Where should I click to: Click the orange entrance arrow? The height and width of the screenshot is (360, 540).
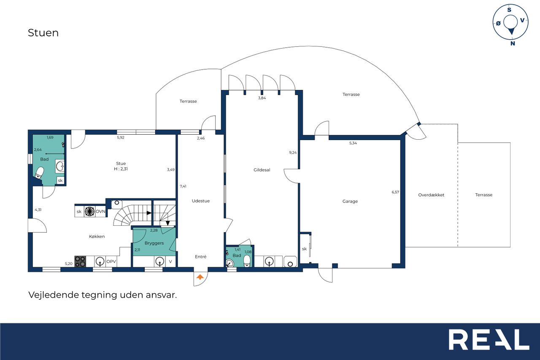click(200, 277)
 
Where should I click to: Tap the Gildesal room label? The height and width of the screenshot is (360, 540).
click(262, 170)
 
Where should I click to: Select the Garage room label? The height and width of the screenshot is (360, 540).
click(350, 201)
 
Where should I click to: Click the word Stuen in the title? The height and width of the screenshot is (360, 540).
click(43, 33)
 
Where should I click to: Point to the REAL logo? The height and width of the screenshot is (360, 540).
click(489, 339)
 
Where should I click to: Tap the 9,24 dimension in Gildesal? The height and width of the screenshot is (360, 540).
click(293, 152)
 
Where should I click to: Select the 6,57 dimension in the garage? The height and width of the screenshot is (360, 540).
click(395, 192)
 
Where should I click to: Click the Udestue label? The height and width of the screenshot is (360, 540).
click(200, 201)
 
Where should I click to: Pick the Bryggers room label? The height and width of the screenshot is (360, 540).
click(154, 243)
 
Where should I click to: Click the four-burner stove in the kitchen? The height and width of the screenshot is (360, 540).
click(80, 261)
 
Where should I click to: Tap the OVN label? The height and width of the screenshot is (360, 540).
click(100, 211)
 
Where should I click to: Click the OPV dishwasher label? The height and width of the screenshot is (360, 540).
click(111, 261)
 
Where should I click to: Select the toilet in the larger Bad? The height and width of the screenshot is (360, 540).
click(39, 173)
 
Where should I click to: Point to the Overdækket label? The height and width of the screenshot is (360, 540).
click(431, 195)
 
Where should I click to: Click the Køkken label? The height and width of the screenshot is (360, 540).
click(97, 236)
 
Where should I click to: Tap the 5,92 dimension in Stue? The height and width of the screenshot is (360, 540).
click(121, 138)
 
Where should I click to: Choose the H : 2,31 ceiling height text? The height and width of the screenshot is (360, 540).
click(121, 169)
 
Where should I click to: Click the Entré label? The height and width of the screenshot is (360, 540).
click(200, 257)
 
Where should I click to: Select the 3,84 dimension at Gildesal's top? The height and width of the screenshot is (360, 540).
click(262, 98)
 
